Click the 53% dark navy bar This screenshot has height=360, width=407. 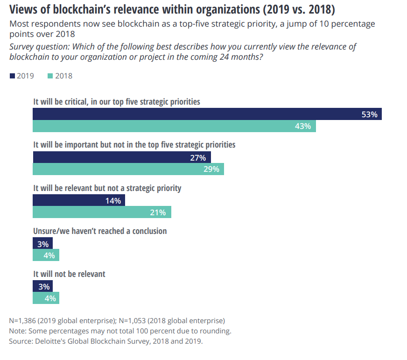pos(207,114)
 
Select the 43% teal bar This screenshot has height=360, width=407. pos(174,126)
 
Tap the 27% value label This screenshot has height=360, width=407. pos(198,158)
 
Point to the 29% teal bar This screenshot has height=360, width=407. pos(128,169)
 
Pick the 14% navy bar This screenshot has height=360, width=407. pos(79,200)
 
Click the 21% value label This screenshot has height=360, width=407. pos(158,212)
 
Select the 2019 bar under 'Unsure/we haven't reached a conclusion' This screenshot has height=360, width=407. pos(42,243)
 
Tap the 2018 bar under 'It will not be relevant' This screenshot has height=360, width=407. pos(46,298)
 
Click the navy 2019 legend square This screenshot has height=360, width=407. pos(12,76)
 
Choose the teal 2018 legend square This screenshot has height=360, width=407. pos(50,76)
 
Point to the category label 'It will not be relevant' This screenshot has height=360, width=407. pos(69,274)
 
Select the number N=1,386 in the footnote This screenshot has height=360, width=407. pos(22,321)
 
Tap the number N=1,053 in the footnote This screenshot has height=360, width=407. pos(132,321)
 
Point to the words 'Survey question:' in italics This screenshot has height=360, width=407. pos(40,47)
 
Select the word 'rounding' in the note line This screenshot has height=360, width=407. pos(217,331)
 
